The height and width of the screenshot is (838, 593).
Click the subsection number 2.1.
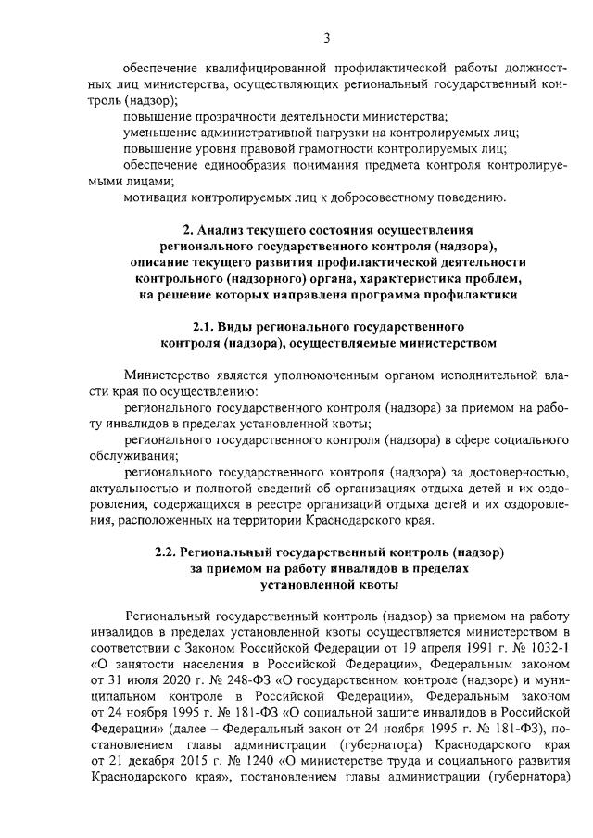205,326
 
